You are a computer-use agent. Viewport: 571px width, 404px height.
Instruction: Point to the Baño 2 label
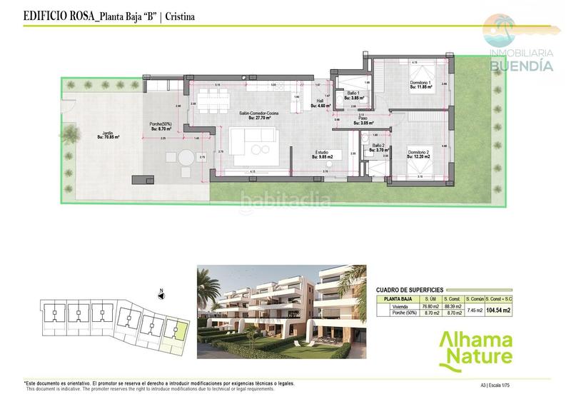point(378,147)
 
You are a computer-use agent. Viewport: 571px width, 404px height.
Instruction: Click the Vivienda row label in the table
point(398,306)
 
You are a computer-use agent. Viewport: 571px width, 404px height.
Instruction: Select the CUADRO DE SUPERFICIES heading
point(410,288)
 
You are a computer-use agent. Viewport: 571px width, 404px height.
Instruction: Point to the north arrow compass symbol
point(162,291)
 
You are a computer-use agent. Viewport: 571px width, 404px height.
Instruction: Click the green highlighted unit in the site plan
point(181,330)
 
